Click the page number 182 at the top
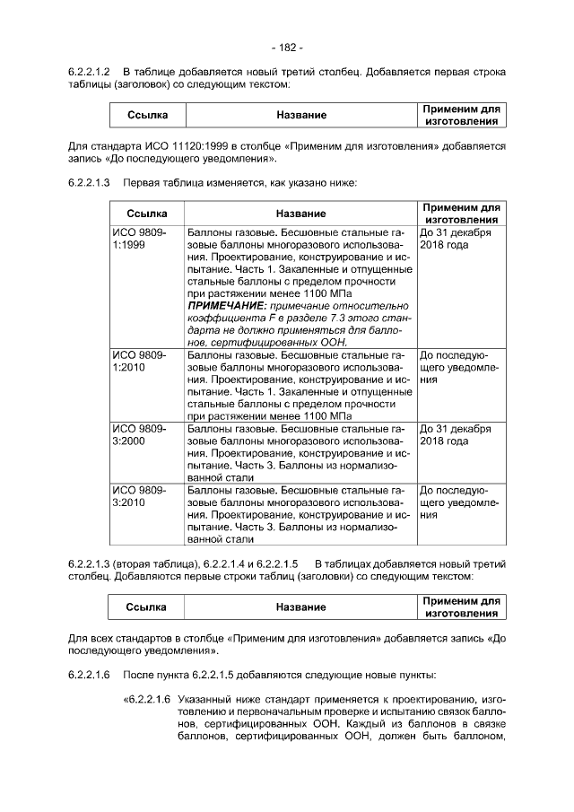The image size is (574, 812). click(287, 47)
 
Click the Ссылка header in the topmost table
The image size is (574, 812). click(146, 115)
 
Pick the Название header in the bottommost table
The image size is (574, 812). click(300, 607)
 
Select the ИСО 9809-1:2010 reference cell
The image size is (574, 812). click(134, 362)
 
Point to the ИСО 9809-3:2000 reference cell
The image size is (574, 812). click(134, 435)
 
